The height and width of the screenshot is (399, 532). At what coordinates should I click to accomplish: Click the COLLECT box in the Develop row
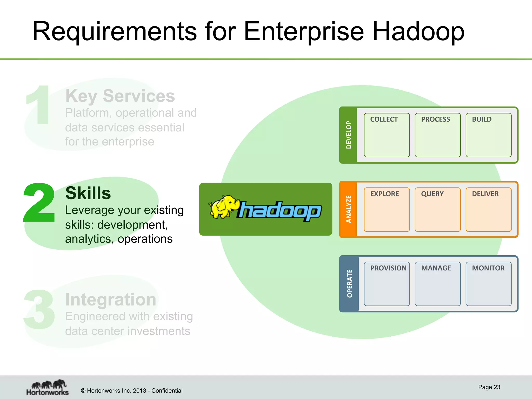(387, 135)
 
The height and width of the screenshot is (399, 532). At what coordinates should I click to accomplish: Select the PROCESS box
(437, 135)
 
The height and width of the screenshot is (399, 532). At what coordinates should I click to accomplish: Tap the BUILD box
(488, 135)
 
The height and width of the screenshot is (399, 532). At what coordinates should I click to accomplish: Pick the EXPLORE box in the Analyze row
(387, 209)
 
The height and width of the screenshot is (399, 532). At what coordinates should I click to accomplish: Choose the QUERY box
(437, 209)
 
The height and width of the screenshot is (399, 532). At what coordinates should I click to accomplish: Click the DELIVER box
(488, 209)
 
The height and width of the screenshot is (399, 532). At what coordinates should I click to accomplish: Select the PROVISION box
(387, 284)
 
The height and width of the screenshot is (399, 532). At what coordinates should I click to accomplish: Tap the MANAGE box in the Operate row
(437, 284)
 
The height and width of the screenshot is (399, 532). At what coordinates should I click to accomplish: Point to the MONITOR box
(488, 284)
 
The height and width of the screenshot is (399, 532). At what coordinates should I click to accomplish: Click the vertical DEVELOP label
(349, 135)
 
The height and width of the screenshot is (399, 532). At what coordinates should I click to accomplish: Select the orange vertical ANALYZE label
(349, 209)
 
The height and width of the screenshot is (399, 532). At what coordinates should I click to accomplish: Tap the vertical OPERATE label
(349, 284)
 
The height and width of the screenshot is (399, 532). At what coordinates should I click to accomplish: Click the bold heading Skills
(88, 193)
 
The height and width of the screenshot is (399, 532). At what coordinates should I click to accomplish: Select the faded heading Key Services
(120, 96)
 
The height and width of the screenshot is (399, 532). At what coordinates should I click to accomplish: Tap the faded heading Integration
(111, 300)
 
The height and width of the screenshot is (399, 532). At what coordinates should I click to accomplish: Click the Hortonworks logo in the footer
(48, 388)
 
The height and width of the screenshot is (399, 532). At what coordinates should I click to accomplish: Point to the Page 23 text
(489, 387)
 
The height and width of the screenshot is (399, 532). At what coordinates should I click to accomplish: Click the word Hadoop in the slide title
(418, 32)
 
